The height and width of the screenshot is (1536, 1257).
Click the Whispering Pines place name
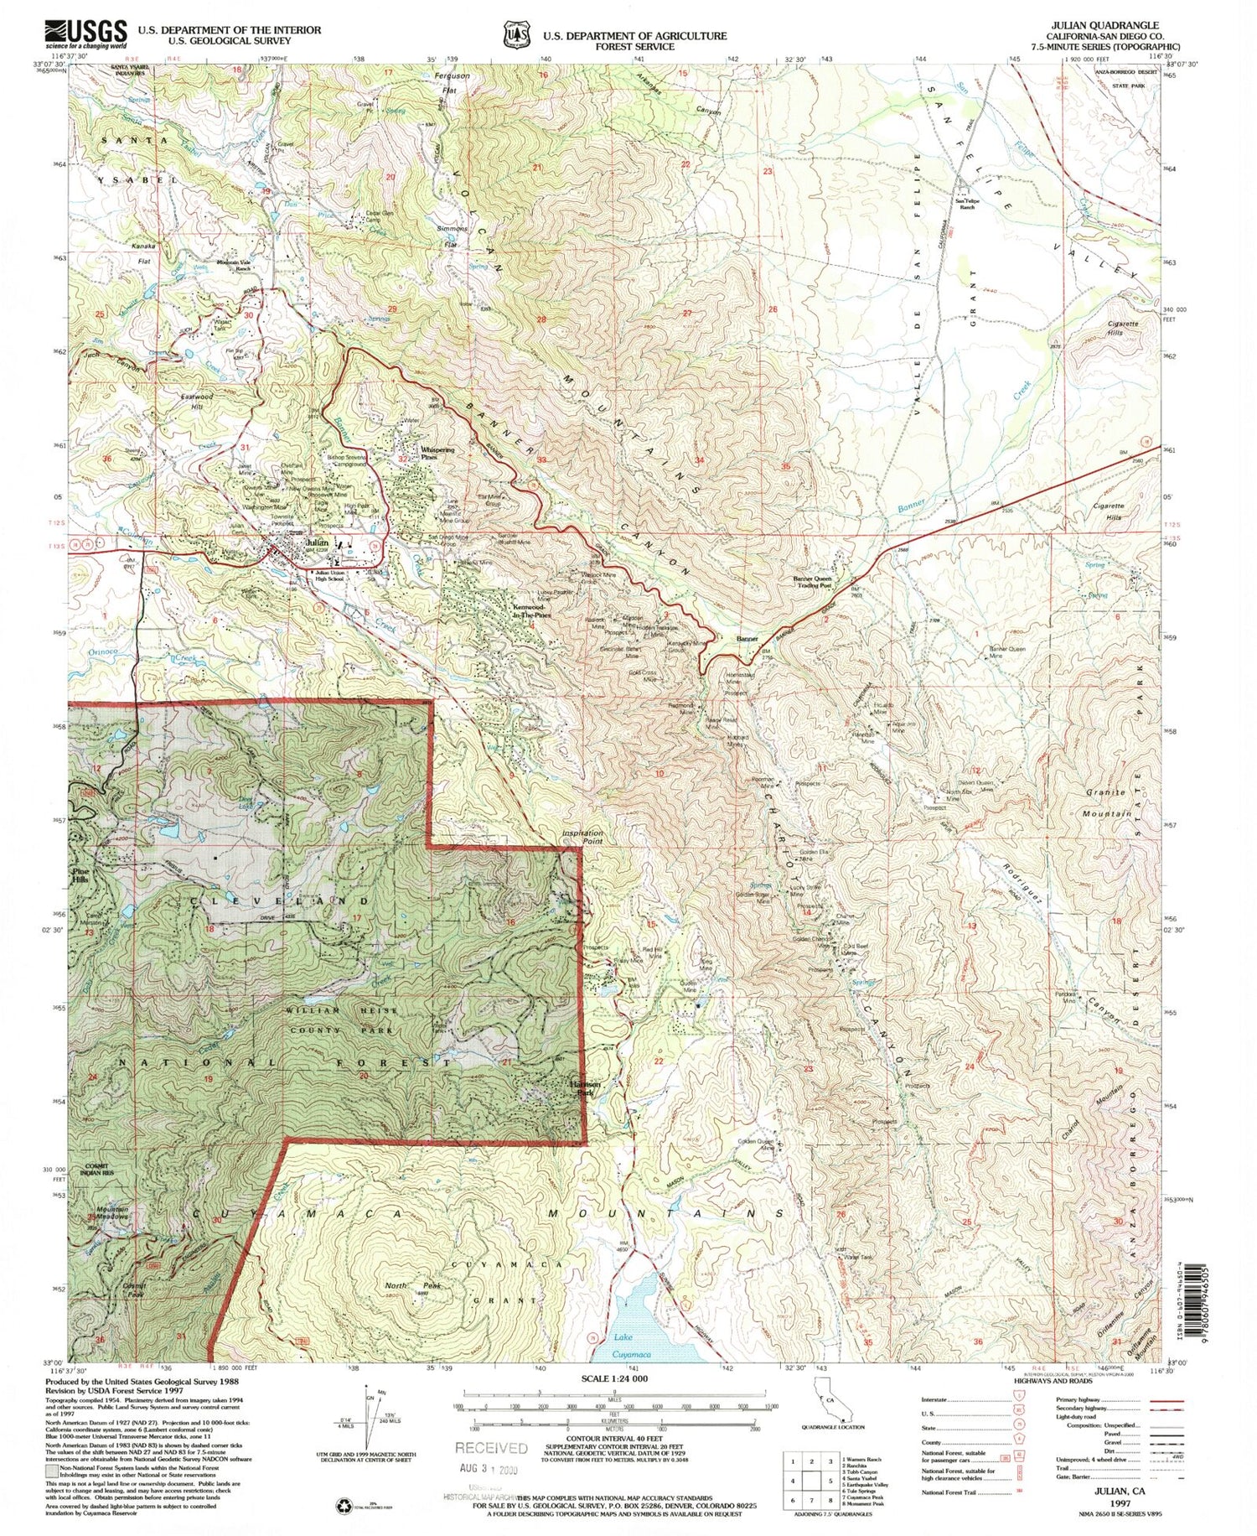(437, 454)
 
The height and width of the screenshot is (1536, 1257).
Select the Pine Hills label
(81, 875)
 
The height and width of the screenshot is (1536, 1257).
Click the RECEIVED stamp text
(491, 1447)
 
